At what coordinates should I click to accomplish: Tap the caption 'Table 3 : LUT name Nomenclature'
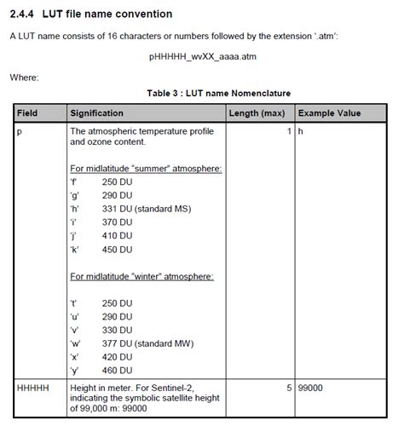pos(206,92)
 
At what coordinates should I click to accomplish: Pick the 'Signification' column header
pos(96,112)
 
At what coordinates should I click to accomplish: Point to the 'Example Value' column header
pos(328,112)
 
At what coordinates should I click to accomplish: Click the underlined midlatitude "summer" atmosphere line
pos(146,169)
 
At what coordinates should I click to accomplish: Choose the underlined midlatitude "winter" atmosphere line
pos(141,276)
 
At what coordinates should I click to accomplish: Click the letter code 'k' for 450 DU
pos(74,250)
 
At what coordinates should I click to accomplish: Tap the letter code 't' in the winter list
pos(73,302)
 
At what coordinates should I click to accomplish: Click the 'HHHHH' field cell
pos(32,387)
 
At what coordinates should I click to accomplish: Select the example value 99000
pos(311,387)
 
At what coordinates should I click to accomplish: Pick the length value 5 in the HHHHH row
pos(290,387)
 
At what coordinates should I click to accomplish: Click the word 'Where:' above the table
pos(24,78)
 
